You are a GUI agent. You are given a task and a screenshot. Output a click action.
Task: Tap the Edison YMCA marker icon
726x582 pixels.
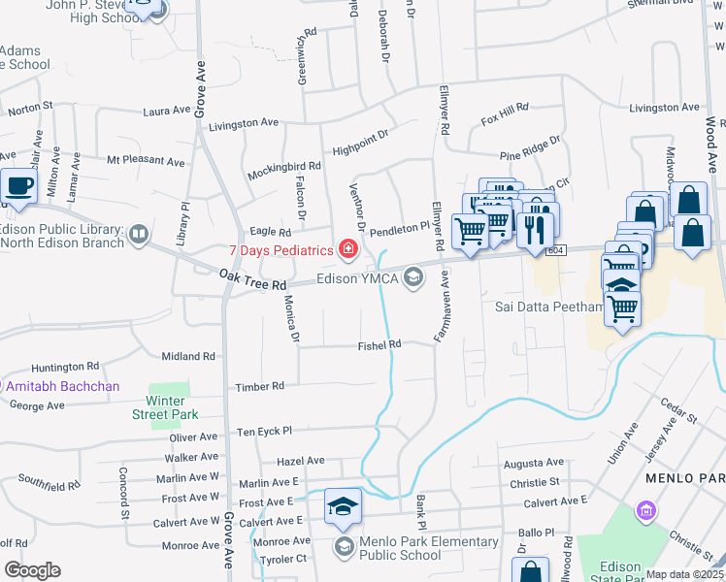pos(413,279)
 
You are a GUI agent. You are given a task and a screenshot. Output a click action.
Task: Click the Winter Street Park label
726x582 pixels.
pos(164,406)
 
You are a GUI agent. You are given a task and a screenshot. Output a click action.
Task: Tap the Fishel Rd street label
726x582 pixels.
pos(379,344)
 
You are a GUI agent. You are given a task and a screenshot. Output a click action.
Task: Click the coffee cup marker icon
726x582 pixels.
pos(18,185)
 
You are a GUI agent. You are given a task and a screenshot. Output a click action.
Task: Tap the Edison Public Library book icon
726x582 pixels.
pos(139,234)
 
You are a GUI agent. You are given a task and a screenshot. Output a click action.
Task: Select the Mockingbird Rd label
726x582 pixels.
pos(257,168)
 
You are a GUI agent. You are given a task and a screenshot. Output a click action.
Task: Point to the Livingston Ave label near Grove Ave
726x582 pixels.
pos(244,124)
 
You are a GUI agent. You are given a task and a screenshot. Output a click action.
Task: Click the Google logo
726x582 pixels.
pos(32,570)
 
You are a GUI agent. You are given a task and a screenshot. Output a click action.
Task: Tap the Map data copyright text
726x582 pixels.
pos(685,574)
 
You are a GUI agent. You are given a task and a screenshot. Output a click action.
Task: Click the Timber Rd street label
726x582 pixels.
pos(259,386)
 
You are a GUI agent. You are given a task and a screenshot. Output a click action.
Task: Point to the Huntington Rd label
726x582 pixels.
pos(65,367)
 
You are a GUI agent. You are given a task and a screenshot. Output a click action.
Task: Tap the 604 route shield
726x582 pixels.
pos(554,250)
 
